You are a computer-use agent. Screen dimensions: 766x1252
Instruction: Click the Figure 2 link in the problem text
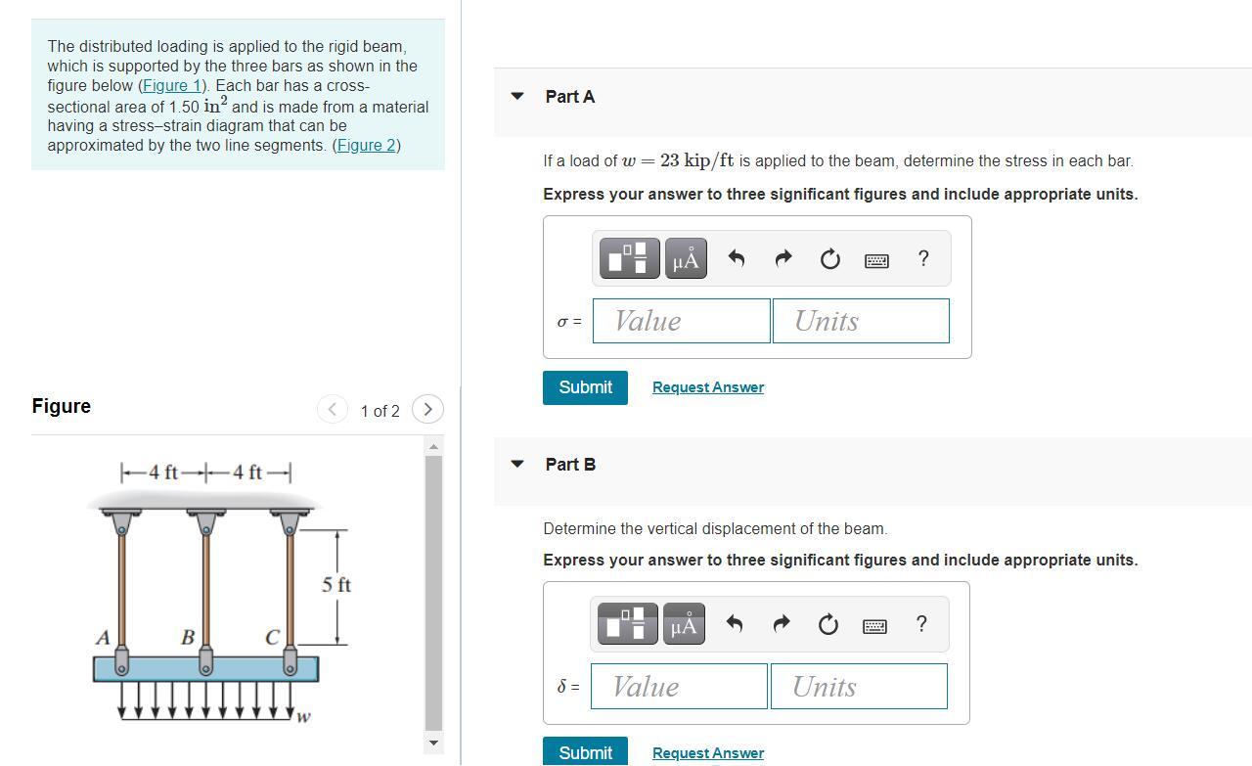click(366, 146)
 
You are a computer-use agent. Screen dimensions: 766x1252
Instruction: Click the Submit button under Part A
click(585, 387)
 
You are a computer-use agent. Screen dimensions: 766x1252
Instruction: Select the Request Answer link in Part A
click(707, 387)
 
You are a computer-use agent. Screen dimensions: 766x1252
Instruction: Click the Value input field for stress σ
click(681, 321)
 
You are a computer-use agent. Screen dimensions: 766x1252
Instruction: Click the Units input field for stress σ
click(861, 321)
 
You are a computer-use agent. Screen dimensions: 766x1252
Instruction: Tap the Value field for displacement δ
click(679, 687)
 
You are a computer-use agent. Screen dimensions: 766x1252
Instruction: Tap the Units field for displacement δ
click(858, 687)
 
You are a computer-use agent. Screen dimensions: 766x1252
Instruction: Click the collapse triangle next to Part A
click(518, 96)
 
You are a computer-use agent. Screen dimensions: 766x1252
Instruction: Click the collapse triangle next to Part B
click(518, 464)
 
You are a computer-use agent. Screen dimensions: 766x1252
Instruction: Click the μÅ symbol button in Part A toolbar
click(687, 258)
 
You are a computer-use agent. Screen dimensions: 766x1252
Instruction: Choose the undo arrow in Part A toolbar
click(737, 258)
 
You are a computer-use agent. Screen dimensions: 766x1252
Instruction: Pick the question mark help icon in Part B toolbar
click(920, 624)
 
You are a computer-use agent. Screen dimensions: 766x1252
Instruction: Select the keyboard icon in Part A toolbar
click(876, 259)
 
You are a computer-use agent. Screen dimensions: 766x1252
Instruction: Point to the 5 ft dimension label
click(336, 585)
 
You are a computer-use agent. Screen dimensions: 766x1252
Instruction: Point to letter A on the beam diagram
click(103, 637)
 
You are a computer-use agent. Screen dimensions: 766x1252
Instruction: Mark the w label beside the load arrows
click(304, 717)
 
